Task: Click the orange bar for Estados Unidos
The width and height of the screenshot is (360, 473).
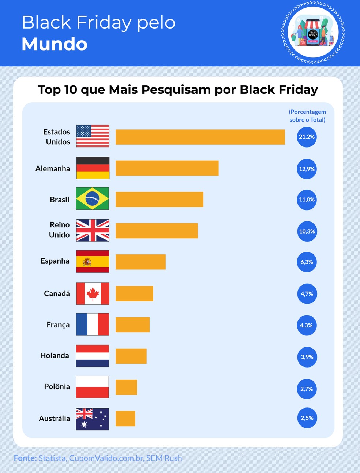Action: [x=200, y=137]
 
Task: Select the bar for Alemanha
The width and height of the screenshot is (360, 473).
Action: [x=167, y=168]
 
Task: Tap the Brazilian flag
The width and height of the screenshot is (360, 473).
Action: [x=92, y=199]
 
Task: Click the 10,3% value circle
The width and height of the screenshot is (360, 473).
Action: [x=307, y=231]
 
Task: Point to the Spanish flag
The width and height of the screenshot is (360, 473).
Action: [x=93, y=261]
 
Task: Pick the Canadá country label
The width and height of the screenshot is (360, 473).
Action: [x=57, y=294]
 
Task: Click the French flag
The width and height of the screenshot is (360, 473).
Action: [x=93, y=324]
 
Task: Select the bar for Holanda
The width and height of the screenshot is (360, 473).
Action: [x=131, y=356]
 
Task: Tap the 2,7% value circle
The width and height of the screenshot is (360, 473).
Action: [x=307, y=389]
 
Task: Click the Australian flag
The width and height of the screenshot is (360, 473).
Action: [x=93, y=419]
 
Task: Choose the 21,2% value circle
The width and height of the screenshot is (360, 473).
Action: [x=307, y=137]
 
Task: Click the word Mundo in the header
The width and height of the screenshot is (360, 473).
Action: [x=55, y=44]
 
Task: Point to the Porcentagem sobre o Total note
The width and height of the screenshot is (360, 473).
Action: [x=307, y=116]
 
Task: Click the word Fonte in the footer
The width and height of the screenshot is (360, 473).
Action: [x=25, y=458]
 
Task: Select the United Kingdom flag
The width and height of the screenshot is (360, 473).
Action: [x=93, y=230]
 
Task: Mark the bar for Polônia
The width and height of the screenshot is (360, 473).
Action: [x=126, y=387]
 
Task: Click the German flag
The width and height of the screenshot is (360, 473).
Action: [x=93, y=168]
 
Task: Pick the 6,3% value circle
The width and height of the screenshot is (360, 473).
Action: [x=307, y=262]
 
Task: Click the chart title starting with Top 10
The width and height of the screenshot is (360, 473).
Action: [x=178, y=90]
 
